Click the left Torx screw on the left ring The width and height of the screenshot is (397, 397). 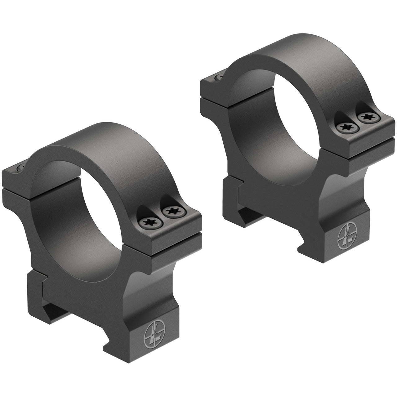147,223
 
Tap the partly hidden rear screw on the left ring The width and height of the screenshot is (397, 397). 21,167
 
